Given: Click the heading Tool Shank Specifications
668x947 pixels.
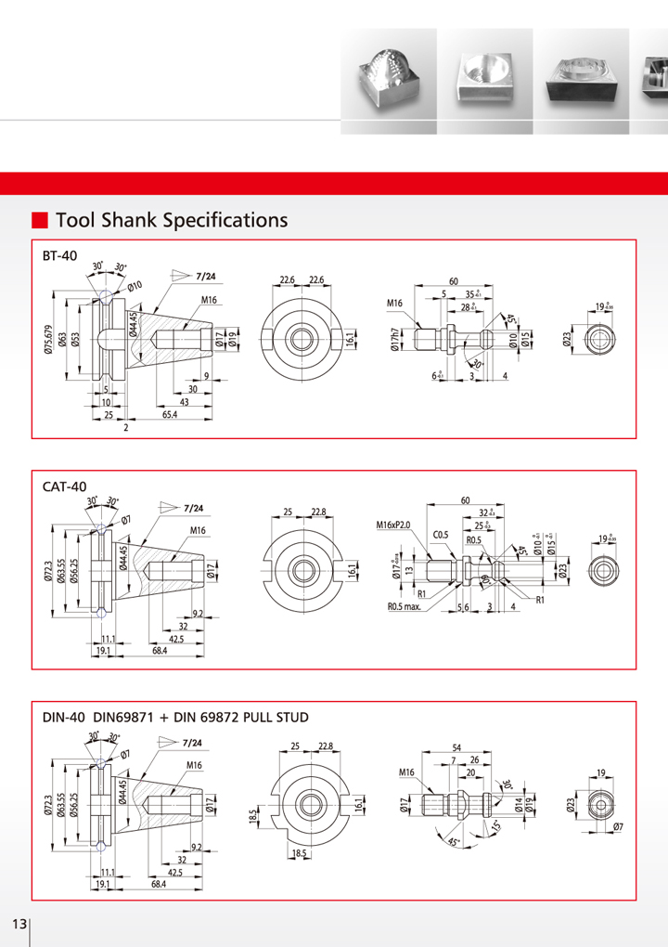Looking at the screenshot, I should (172, 220).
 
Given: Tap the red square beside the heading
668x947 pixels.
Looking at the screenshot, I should (40, 220).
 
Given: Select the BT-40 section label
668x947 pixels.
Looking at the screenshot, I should (60, 255).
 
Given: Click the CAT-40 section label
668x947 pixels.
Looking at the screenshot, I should (64, 486).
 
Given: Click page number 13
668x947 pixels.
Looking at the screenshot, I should (19, 925).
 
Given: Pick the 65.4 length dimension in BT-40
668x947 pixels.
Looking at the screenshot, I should (171, 415).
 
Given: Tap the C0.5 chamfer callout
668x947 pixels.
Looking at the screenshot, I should (441, 536).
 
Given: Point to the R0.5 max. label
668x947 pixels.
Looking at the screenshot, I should (405, 607).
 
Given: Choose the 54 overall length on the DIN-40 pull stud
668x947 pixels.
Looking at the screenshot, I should (456, 747).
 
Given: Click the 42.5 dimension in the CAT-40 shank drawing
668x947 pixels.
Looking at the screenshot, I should (174, 639).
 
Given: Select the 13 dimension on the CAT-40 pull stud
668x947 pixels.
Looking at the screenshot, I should (409, 567).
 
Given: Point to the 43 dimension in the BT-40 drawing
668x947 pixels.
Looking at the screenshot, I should (184, 402).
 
